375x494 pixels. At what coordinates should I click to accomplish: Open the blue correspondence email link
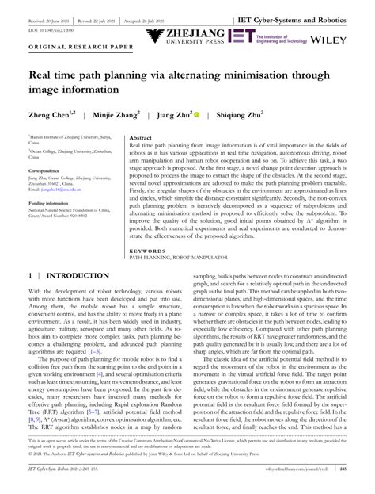pyautogui.click(x=55, y=190)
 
